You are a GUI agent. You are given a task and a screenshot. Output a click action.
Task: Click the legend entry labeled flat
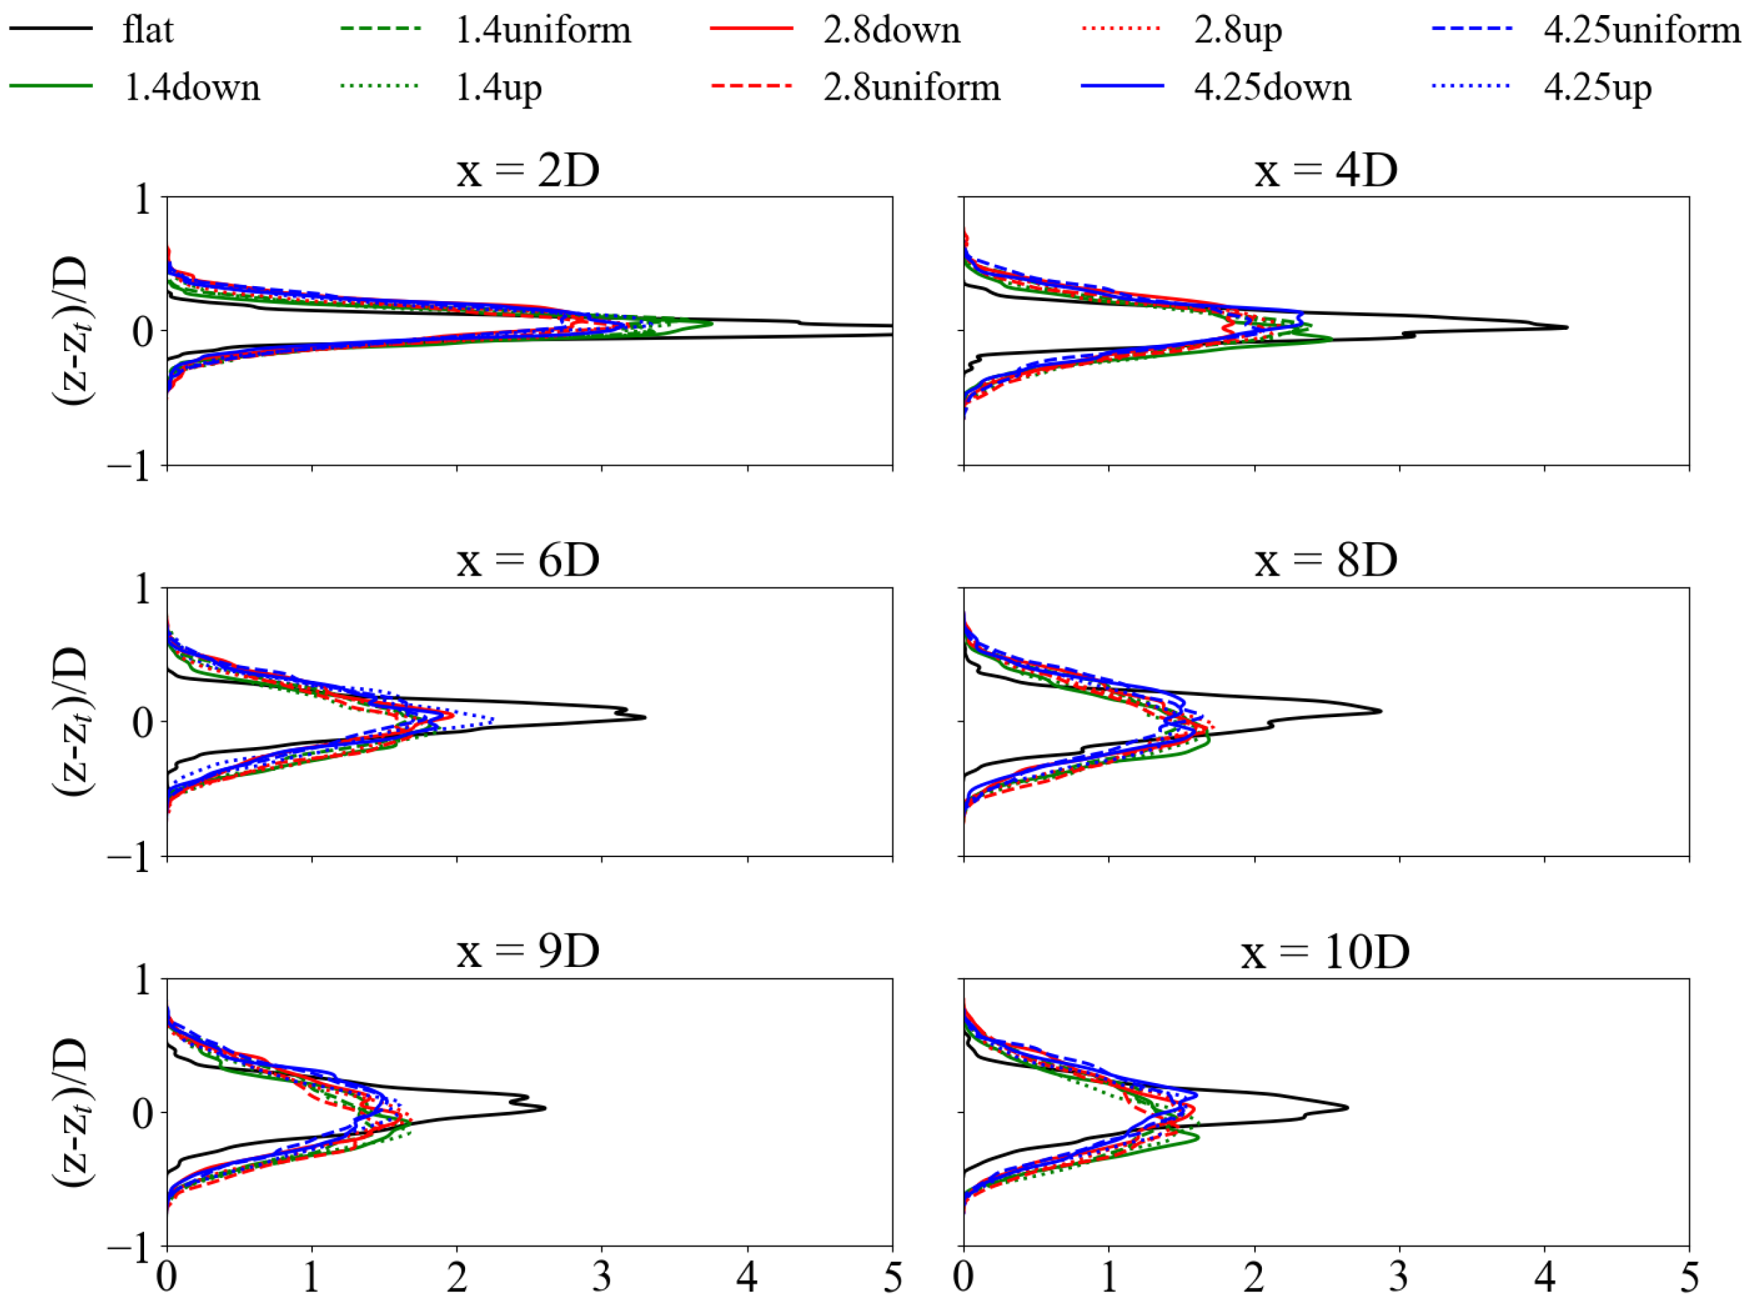pos(147,30)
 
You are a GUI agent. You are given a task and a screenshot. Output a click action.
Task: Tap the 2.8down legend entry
pos(891,30)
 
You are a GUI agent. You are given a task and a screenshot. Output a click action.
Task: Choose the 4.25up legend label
pos(1596,87)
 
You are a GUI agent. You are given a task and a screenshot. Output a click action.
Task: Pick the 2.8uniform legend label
pos(911,87)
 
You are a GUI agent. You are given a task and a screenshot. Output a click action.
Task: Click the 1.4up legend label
pos(498,87)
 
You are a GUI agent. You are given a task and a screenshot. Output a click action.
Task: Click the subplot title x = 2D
pos(528,169)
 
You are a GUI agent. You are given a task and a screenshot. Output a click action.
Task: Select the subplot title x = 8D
pos(1325,560)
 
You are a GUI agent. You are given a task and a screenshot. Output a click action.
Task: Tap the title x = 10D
pos(1325,951)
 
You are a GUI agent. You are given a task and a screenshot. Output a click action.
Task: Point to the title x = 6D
pos(528,560)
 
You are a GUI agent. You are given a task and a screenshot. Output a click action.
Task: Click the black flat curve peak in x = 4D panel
pos(1566,326)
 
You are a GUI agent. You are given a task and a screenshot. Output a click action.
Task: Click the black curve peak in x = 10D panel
pos(1347,1108)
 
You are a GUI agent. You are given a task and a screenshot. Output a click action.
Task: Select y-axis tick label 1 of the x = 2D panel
pos(143,199)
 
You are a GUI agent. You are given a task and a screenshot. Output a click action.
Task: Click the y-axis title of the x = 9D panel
pos(72,1112)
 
